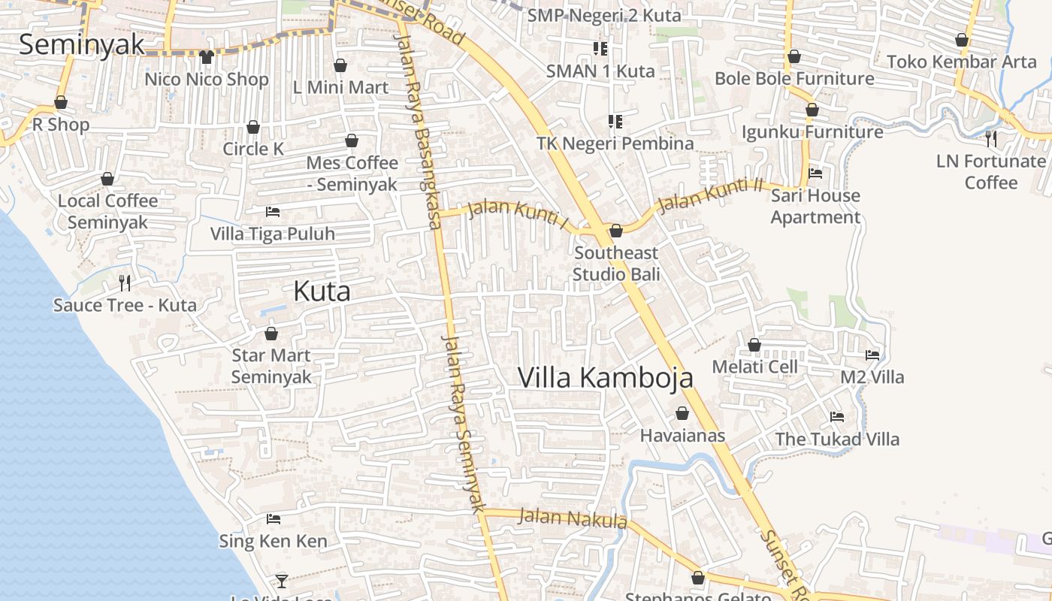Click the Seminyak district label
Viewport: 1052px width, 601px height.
[81, 44]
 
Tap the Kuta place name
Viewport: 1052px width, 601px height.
[322, 291]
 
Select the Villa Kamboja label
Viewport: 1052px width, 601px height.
[605, 377]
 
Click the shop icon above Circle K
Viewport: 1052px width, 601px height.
[253, 127]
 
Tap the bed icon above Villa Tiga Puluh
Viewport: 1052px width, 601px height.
[273, 212]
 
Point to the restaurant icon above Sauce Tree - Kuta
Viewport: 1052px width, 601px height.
[125, 283]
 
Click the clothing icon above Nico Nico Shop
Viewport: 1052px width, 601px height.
[207, 57]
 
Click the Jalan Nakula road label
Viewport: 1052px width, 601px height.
[573, 518]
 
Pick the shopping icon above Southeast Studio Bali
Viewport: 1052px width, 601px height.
[615, 231]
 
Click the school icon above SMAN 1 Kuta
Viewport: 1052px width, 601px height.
[600, 49]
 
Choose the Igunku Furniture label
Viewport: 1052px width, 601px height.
[812, 132]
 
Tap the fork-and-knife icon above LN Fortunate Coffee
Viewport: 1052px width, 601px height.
[991, 138]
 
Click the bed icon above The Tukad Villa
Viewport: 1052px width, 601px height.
[837, 417]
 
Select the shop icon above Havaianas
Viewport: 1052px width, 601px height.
[682, 413]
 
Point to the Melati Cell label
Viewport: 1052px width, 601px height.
[754, 367]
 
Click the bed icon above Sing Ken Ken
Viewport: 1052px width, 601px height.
[274, 519]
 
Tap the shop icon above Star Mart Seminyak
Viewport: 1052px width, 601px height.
[271, 334]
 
